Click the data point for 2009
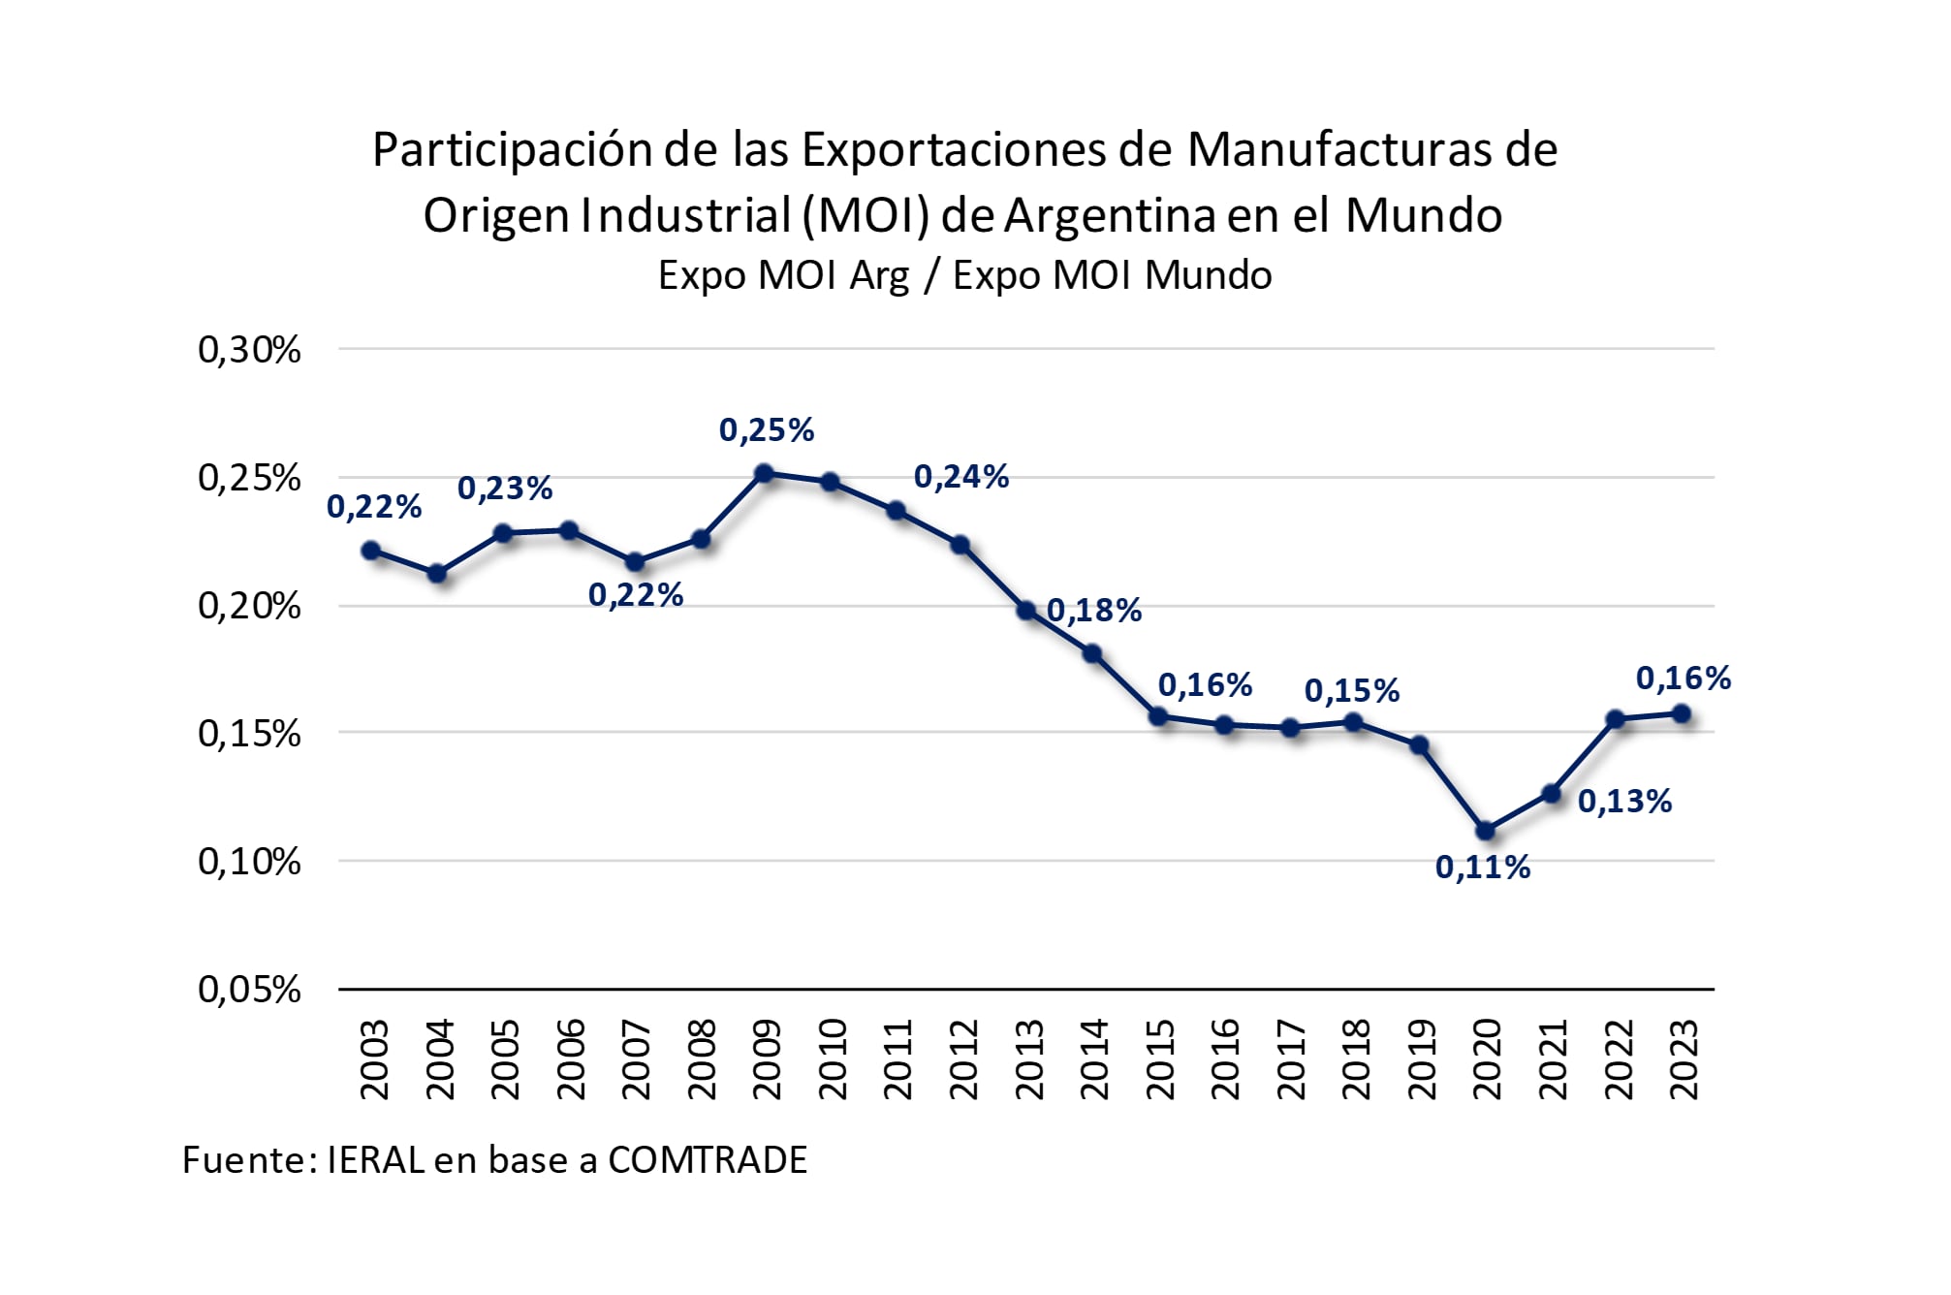pos(764,474)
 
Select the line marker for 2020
pos(1485,831)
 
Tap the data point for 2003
pos(371,551)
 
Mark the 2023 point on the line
pos(1682,714)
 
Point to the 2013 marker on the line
pos(1026,611)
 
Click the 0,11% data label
pos(1483,868)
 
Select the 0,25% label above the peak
pos(767,430)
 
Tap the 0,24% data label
pos(961,477)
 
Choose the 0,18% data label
pos(1094,611)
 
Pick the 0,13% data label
pos(1625,802)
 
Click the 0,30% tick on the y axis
pos(249,350)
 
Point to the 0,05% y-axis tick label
pos(249,990)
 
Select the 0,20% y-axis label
pos(249,607)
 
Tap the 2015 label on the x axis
pos(1160,1058)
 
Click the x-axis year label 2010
pos(833,1058)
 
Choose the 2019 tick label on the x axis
pos(1421,1058)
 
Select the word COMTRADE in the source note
pos(708,1160)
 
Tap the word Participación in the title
pos(513,150)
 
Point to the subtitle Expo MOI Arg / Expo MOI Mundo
pos(964,275)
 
